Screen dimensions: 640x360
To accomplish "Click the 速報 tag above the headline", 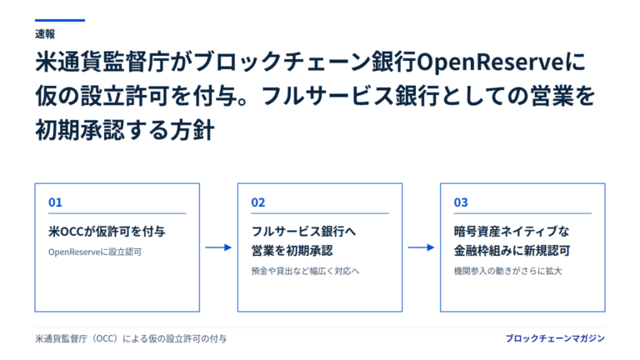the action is [45, 34].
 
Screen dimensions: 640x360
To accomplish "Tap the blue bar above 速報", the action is [60, 20].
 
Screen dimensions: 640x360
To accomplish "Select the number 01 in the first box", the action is [55, 202].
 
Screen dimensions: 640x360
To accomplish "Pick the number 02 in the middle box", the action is [258, 202].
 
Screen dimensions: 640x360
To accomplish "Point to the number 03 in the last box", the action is [461, 202].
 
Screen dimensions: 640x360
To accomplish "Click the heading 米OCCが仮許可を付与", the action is [107, 232].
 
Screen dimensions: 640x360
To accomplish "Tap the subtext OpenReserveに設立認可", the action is [95, 252].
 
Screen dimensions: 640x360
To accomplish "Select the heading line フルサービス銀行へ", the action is [303, 232].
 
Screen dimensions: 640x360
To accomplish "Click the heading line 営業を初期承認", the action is [292, 251].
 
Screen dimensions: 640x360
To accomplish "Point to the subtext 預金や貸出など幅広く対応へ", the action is [305, 271].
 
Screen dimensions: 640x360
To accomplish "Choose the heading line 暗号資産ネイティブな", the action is [512, 232].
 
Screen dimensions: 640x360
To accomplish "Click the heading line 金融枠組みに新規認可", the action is [512, 251].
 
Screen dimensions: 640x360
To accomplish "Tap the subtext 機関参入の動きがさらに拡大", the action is [508, 271].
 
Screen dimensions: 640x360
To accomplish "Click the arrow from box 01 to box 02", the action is [218, 247].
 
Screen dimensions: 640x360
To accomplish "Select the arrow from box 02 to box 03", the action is [421, 247].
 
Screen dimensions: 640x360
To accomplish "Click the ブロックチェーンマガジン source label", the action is [555, 338].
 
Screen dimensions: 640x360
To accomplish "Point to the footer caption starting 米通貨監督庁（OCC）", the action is [131, 339].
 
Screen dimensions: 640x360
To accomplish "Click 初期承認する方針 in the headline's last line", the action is [125, 131].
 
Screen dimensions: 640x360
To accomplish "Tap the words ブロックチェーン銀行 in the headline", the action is [305, 62].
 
